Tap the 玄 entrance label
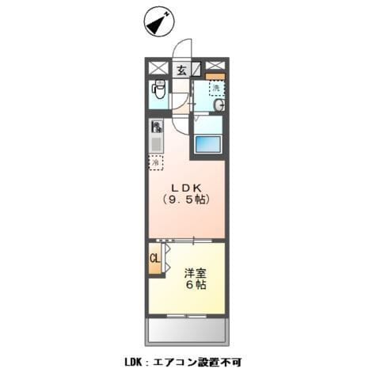click(181, 70)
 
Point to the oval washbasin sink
click(217, 105)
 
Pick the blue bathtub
click(207, 145)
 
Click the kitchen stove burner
click(157, 127)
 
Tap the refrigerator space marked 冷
click(157, 162)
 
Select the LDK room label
click(186, 188)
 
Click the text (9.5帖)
click(187, 200)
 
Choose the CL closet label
click(155, 259)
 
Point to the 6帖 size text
click(195, 285)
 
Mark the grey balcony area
click(186, 329)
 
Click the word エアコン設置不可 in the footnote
click(191, 362)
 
